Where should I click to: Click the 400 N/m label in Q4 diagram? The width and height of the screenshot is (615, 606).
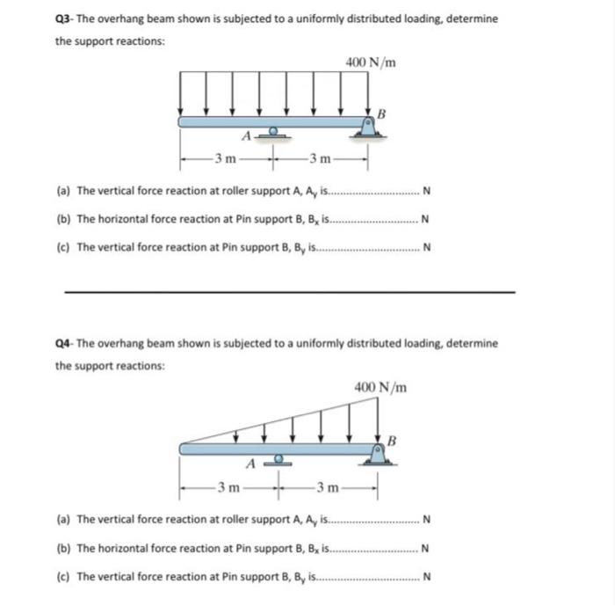[x=380, y=386]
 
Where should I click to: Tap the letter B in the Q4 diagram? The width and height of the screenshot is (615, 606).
[x=393, y=438]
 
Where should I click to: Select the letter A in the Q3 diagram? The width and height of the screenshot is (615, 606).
[x=248, y=136]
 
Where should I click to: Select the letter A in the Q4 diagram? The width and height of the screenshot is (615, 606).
[x=250, y=463]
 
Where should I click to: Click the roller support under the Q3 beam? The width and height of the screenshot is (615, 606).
[x=274, y=133]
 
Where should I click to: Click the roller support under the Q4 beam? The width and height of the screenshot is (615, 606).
[x=279, y=459]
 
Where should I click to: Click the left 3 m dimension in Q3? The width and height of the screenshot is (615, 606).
[x=226, y=159]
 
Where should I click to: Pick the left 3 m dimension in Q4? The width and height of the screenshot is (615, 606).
[x=230, y=486]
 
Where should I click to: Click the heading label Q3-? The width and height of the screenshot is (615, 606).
[x=66, y=19]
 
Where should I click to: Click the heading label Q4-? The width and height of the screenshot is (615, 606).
[x=66, y=343]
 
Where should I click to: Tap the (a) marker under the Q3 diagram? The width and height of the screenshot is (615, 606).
[x=63, y=191]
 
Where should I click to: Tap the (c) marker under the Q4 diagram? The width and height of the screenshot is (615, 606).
[x=63, y=578]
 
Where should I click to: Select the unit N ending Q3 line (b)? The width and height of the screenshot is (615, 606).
[x=425, y=220]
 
